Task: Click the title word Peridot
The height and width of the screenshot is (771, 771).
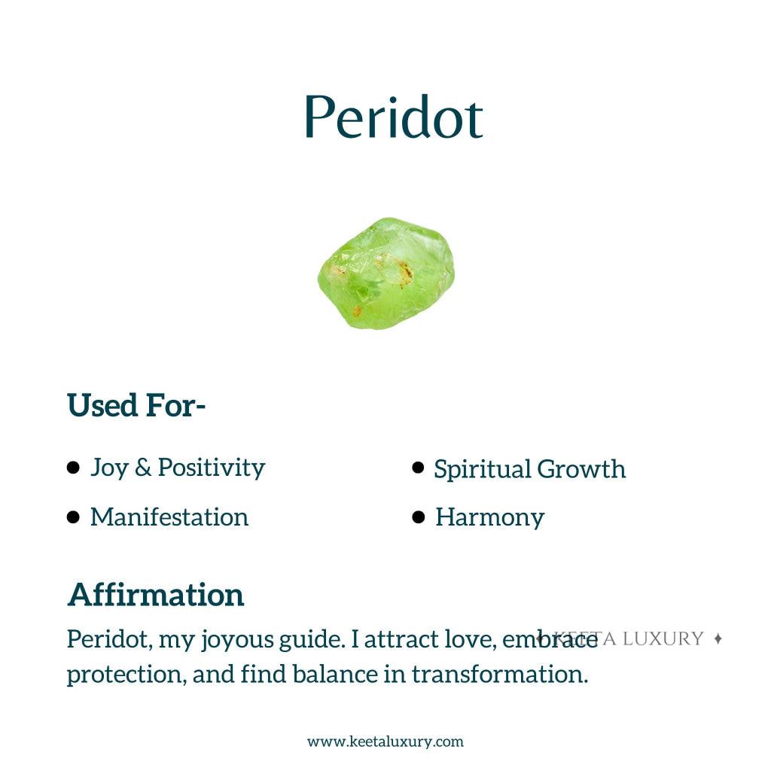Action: click(392, 117)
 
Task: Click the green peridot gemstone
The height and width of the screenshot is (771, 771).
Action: click(385, 273)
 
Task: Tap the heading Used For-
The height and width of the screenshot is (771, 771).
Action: click(136, 406)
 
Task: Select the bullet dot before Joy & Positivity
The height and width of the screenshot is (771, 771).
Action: click(73, 468)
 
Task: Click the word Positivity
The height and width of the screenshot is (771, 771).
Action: click(212, 468)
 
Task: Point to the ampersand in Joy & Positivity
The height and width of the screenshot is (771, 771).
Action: click(142, 468)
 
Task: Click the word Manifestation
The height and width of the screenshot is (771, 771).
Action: click(169, 517)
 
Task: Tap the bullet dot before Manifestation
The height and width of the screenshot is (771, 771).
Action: click(73, 517)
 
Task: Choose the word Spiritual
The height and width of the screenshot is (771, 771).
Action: click(482, 469)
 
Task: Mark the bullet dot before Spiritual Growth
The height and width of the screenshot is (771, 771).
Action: click(419, 468)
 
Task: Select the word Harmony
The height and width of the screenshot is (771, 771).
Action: click(489, 517)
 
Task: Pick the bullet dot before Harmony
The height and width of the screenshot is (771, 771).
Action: click(419, 517)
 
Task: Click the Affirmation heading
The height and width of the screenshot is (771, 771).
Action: click(156, 595)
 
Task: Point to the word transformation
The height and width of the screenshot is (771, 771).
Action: click(499, 673)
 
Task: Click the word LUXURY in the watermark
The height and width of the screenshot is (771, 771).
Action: click(663, 638)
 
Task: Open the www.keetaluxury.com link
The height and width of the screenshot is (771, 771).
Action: click(385, 742)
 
